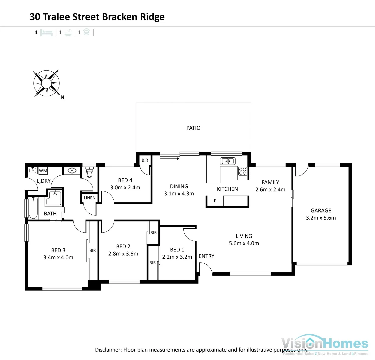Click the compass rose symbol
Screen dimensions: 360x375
coord(46,83)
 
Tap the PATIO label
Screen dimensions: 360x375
coord(193,128)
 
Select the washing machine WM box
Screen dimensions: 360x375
coord(43,171)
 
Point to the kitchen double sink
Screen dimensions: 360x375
coord(228,161)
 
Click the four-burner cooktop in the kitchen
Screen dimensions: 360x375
coord(243,171)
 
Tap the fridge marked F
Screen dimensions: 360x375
coord(215,201)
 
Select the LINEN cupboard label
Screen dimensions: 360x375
coord(89,198)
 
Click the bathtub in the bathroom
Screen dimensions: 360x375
coord(33,208)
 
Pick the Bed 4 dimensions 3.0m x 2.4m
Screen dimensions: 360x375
coord(125,188)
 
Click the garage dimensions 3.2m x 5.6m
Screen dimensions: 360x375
coord(321,218)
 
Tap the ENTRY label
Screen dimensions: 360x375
coord(206,256)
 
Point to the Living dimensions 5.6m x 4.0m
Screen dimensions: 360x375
coord(244,243)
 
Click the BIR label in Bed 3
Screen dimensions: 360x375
coord(93,250)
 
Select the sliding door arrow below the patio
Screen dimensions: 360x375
coord(170,158)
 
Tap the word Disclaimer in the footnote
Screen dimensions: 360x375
coord(108,350)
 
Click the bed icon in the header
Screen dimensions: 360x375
coord(46,33)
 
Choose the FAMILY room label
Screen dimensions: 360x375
coord(270,182)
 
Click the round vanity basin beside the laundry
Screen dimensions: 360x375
coord(72,171)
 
